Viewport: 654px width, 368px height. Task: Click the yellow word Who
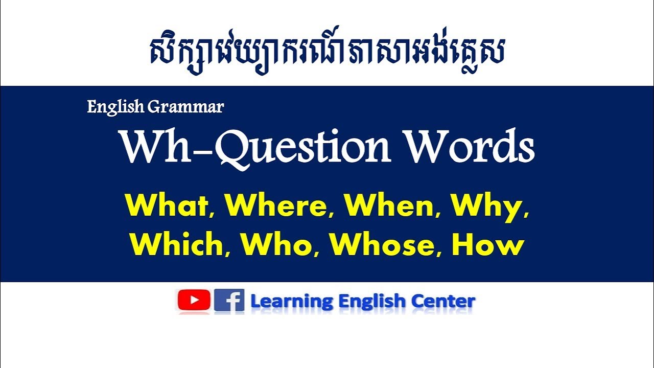[276, 245]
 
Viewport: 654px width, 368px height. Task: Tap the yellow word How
[488, 245]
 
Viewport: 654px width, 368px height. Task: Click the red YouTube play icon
[194, 301]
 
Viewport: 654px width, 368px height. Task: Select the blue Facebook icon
[229, 301]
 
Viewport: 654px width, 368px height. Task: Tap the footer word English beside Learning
[372, 302]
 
